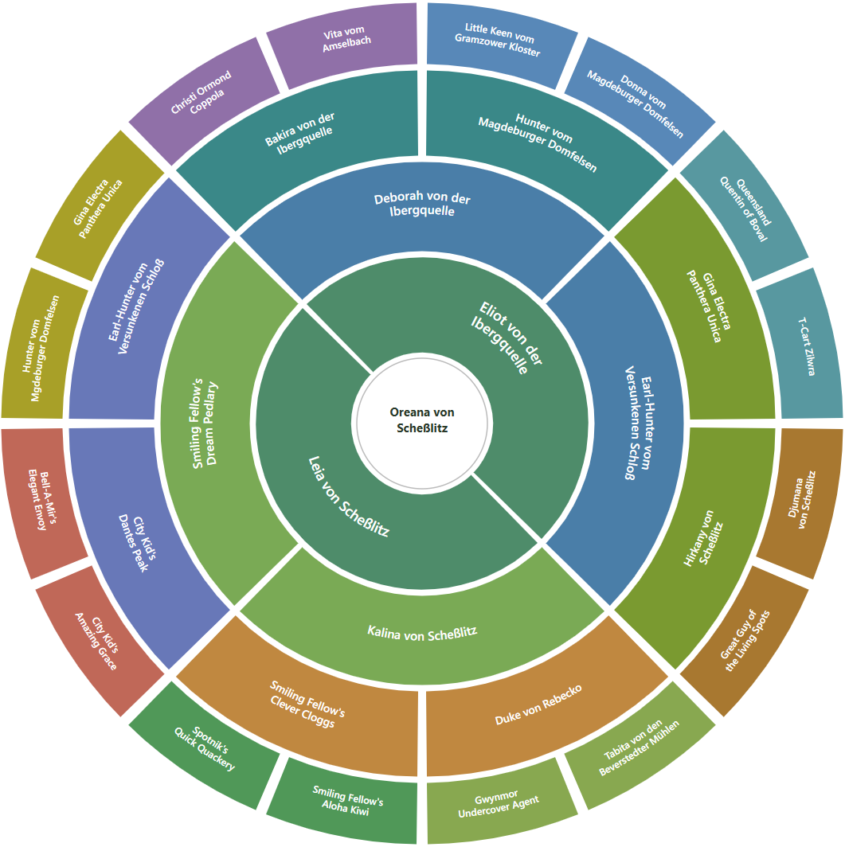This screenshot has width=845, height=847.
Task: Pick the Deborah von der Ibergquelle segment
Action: [x=422, y=205]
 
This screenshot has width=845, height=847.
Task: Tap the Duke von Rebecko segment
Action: [x=539, y=705]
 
